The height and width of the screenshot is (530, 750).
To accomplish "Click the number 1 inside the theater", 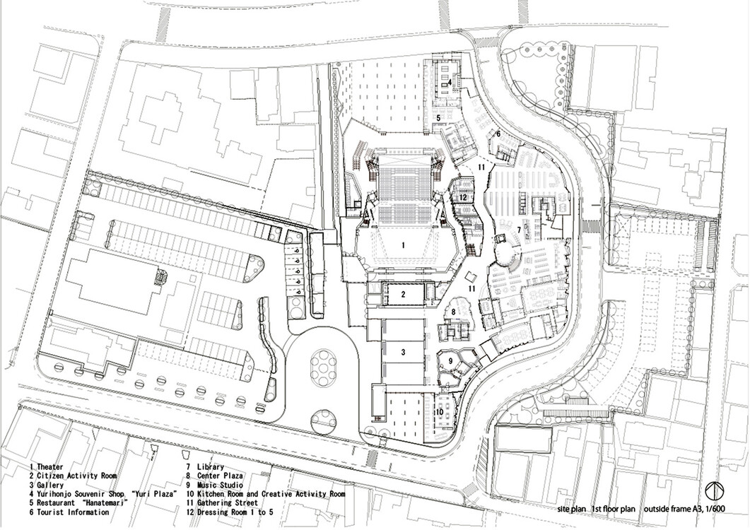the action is click(403, 245).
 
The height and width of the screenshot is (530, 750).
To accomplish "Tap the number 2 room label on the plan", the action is click(403, 295).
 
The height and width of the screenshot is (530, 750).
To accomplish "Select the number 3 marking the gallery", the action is click(403, 352).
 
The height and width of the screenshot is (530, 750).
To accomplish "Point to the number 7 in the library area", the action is click(518, 230).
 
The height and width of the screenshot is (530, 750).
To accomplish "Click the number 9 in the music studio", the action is click(450, 360).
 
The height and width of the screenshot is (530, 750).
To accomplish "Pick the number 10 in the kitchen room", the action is click(439, 411).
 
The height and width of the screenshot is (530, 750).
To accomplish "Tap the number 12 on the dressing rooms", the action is click(462, 196).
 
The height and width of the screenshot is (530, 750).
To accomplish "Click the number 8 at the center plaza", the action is click(453, 312).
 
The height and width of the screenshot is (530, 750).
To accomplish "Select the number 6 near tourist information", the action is click(498, 134).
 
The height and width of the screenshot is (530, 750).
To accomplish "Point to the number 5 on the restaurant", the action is click(438, 117).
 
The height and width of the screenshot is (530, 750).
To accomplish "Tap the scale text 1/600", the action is click(709, 509).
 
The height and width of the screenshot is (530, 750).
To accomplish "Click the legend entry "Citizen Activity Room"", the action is click(76, 476).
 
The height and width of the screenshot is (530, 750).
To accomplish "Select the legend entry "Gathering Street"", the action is click(227, 502).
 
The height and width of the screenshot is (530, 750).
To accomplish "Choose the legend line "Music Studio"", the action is click(220, 485).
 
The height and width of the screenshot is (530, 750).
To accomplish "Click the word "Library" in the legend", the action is click(210, 467).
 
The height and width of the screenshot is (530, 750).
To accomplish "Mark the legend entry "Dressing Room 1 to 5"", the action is click(235, 512).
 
